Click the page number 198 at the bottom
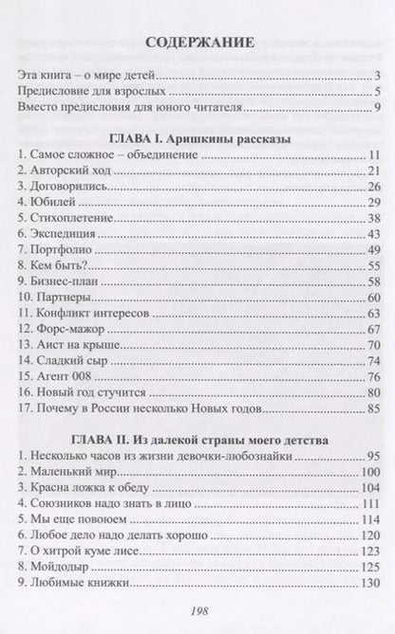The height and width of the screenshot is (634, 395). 197,611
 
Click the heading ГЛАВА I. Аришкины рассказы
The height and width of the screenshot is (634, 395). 197,139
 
